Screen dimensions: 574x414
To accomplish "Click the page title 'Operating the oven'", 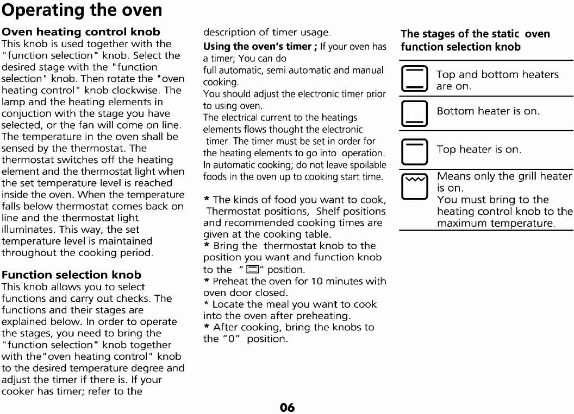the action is pyautogui.click(x=82, y=11).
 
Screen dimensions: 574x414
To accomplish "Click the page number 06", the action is pyautogui.click(x=287, y=407).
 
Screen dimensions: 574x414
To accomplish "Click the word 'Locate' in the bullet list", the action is pyautogui.click(x=223, y=304).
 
